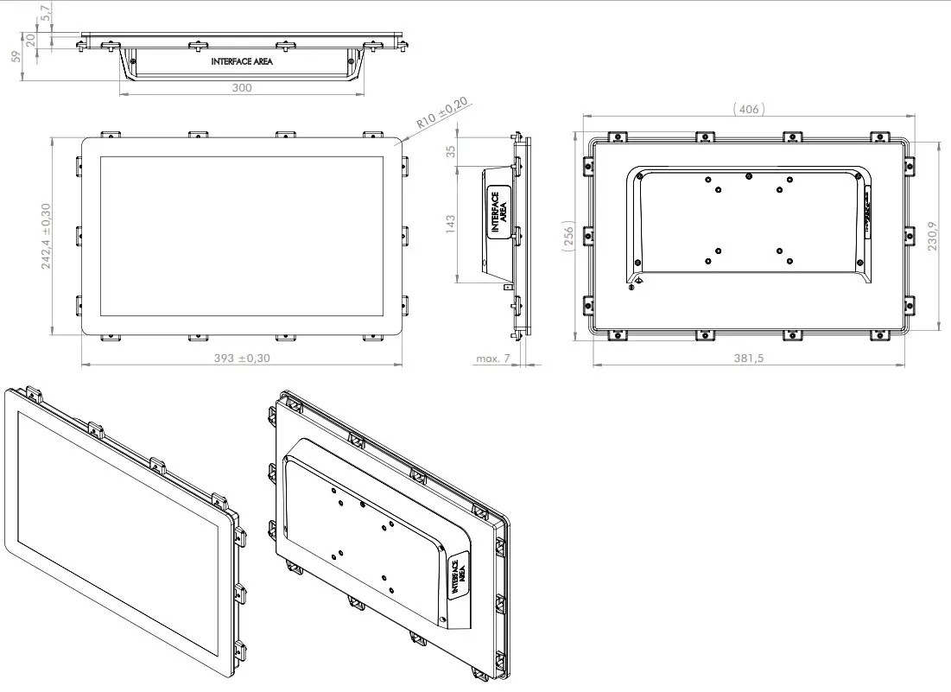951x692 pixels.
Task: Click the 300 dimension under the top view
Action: click(x=242, y=88)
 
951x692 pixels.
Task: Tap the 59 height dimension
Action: click(x=14, y=56)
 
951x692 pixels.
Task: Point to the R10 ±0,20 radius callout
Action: click(x=441, y=113)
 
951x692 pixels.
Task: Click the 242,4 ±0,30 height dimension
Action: click(x=46, y=236)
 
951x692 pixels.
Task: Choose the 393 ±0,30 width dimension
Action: click(x=241, y=358)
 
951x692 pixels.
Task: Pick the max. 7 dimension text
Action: click(x=493, y=358)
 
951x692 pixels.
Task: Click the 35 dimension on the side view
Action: click(x=450, y=151)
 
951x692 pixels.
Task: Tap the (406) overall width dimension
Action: click(x=748, y=109)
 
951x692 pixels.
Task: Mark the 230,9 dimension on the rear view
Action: click(x=932, y=235)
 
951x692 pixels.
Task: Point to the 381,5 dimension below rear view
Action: click(x=747, y=358)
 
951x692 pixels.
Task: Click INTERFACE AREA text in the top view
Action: click(x=242, y=62)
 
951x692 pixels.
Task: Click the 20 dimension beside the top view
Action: click(x=30, y=39)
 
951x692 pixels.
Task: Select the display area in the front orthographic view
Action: click(x=241, y=236)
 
